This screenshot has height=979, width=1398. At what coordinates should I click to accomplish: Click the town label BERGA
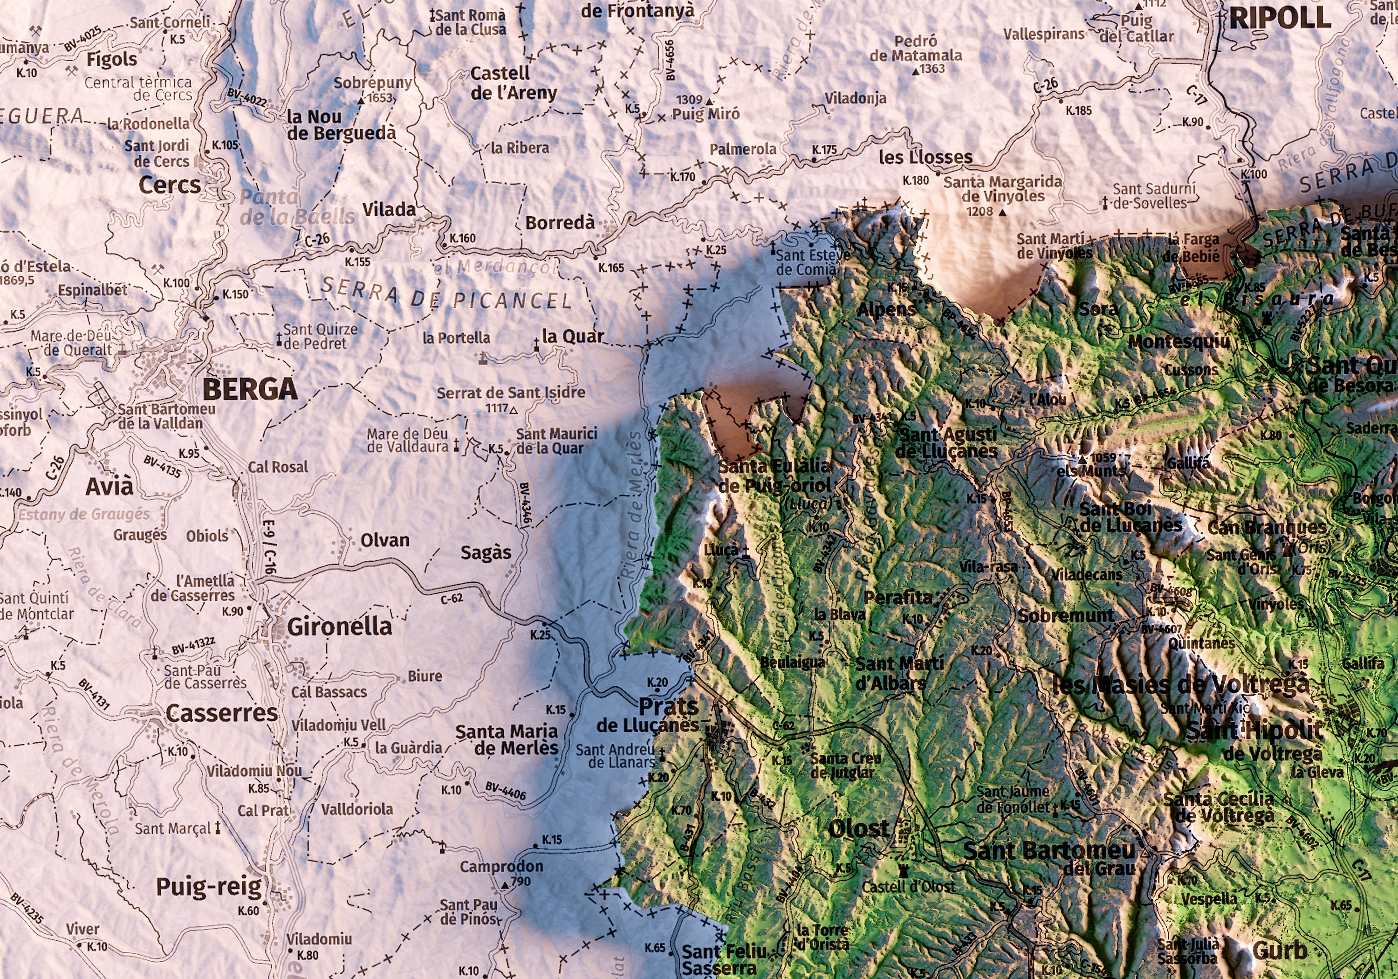[x=250, y=389]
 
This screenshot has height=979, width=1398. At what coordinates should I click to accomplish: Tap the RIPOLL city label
[x=1279, y=18]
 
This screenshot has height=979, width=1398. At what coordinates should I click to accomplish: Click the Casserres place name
[x=222, y=713]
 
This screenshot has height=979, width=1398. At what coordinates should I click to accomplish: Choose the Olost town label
[x=858, y=828]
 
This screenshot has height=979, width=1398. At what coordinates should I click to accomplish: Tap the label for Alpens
[x=886, y=310]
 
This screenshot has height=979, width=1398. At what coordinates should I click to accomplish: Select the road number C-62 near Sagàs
[x=452, y=599]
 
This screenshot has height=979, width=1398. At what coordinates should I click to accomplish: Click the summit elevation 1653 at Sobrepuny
[x=379, y=98]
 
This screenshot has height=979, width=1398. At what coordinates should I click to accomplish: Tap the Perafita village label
[x=898, y=598]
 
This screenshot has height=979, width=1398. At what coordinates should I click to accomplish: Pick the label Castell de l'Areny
[x=513, y=83]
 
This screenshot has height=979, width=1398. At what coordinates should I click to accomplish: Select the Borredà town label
[x=560, y=223]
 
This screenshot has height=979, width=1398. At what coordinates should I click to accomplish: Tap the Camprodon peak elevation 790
[x=521, y=881]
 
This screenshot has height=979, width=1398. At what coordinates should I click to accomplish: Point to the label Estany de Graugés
[x=83, y=514]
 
